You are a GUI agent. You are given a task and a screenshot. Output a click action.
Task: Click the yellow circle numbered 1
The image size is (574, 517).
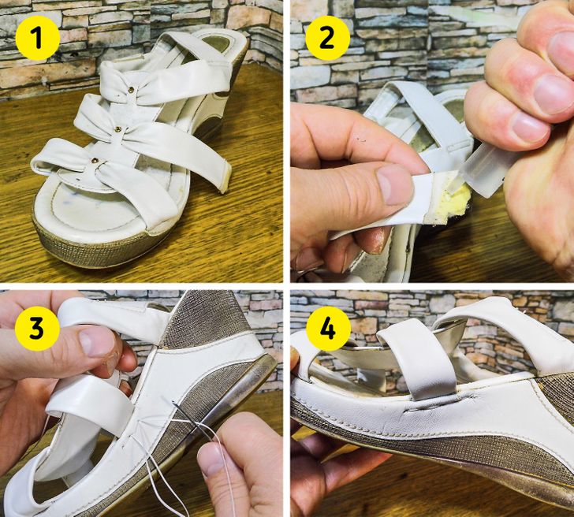click(37, 38)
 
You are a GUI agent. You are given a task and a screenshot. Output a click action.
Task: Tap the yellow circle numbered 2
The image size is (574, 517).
click(327, 38)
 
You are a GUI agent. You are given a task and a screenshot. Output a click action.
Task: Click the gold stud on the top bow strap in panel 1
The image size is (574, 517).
click(131, 89)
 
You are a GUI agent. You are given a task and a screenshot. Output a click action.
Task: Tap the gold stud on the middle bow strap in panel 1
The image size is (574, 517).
click(118, 128)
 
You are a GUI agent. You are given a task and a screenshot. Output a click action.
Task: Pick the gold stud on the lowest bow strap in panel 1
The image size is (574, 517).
click(95, 160)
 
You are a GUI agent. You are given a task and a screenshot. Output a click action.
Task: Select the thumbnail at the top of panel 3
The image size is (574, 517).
click(96, 341)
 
